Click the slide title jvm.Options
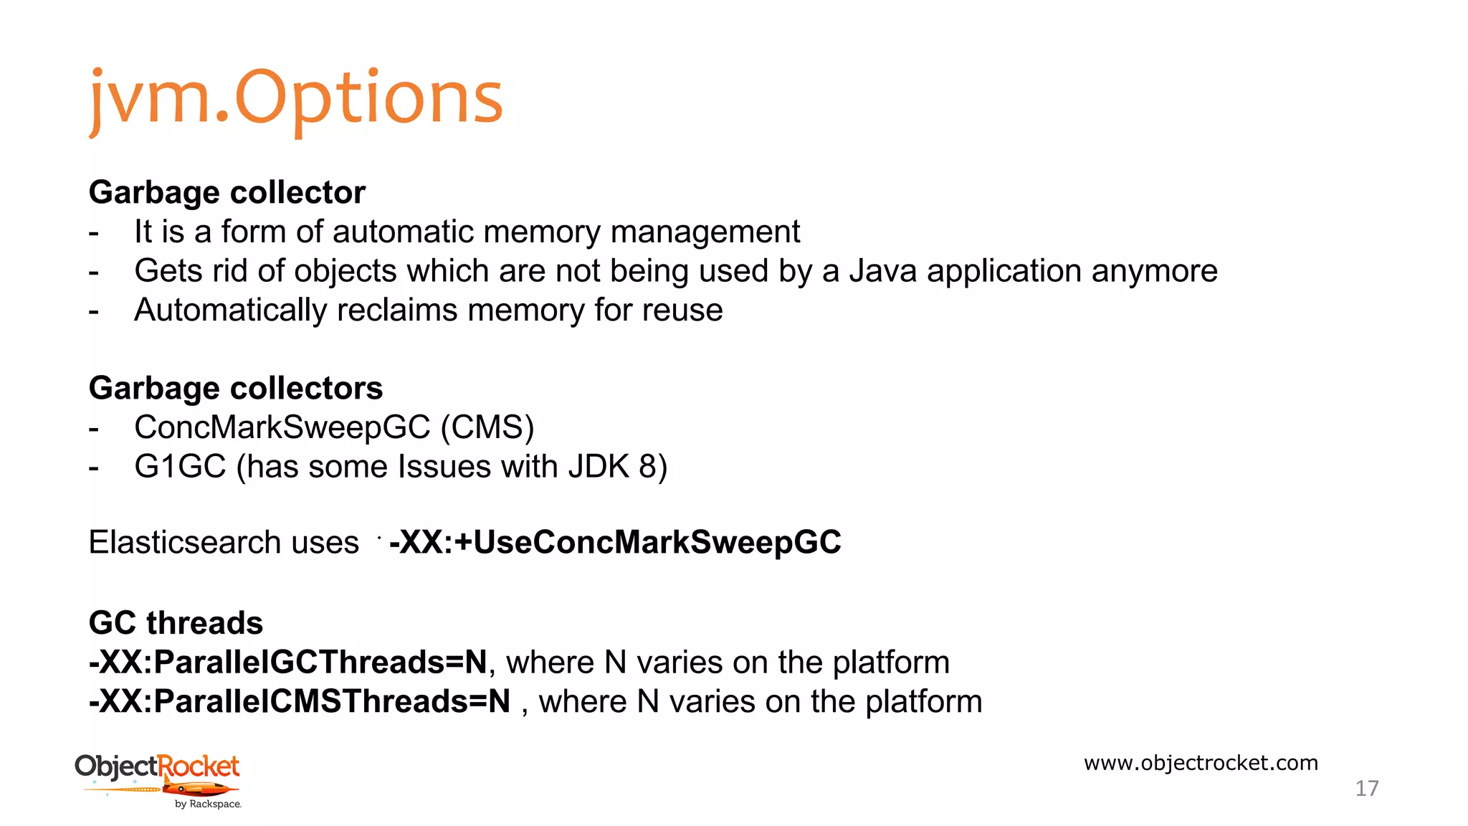(296, 98)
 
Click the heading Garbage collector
(227, 192)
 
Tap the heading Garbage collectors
(235, 388)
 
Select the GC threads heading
(176, 622)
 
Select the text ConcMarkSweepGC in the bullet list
(282, 427)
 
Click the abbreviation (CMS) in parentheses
(487, 427)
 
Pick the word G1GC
(180, 467)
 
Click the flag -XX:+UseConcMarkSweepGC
(615, 542)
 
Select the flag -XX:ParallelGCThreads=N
(288, 662)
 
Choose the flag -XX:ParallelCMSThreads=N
(300, 701)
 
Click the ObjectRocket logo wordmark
(157, 766)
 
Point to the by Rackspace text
(208, 804)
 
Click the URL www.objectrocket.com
(1201, 762)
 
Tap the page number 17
(1366, 788)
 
